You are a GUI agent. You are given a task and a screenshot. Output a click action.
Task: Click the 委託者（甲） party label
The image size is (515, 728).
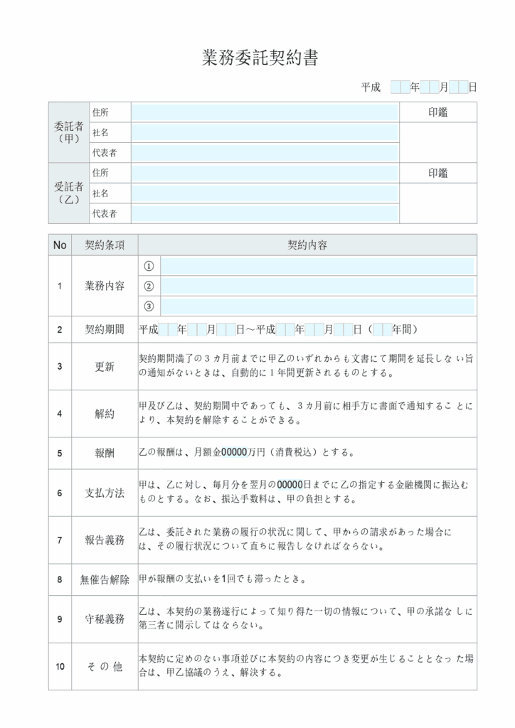(69, 132)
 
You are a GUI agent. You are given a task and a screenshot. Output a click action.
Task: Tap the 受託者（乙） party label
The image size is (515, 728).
(69, 193)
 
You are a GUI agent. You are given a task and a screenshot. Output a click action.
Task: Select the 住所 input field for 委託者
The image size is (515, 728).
(265, 112)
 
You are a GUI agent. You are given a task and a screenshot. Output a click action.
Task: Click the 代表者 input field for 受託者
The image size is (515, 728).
(265, 213)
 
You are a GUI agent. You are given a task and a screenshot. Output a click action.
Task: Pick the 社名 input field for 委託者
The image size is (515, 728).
(265, 132)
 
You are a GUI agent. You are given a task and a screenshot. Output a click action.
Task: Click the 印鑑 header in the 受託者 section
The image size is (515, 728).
(438, 173)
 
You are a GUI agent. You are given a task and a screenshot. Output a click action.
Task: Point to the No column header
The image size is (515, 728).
(60, 245)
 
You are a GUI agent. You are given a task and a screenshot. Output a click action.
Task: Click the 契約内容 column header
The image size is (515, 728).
(307, 245)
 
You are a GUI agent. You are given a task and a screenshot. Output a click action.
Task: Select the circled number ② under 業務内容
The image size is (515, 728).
(149, 287)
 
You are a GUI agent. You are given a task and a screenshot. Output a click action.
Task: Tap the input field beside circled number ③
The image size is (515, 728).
(317, 306)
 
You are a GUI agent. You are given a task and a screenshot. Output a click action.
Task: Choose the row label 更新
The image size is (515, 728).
(105, 367)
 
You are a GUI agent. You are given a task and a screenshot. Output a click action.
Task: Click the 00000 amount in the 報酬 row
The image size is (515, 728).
(234, 451)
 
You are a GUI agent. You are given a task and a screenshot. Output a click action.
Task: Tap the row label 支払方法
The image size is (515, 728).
(105, 493)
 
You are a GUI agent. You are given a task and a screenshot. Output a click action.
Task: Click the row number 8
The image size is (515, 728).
(60, 579)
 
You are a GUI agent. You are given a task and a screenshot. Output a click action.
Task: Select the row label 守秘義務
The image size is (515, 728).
(105, 619)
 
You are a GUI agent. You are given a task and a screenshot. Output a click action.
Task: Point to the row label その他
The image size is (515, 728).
(105, 667)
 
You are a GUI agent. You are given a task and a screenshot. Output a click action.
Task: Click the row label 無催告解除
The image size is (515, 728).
(105, 579)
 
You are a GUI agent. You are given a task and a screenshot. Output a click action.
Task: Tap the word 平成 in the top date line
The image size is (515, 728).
(371, 87)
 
